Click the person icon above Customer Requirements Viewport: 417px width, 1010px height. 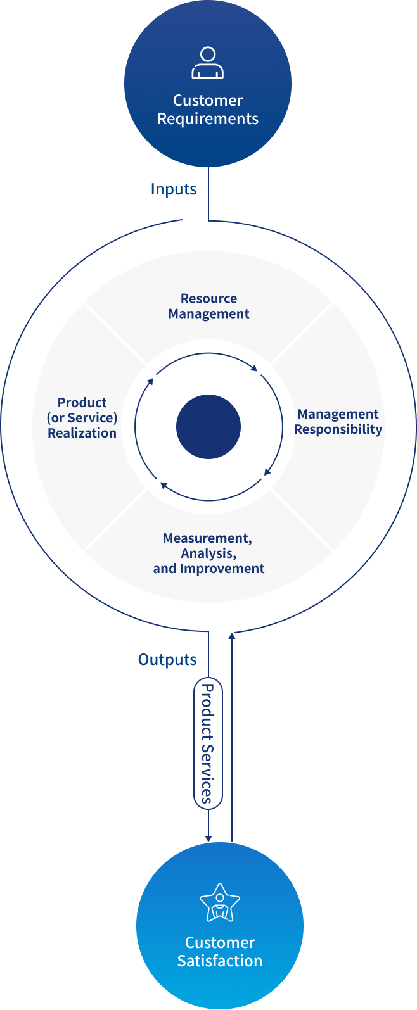(208, 63)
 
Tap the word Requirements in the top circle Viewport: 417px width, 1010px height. (208, 119)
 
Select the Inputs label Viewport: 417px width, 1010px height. (174, 189)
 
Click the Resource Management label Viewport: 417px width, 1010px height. (209, 306)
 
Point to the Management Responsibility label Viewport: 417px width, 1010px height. (338, 422)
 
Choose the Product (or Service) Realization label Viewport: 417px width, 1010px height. (82, 418)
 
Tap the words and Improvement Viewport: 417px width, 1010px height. (208, 569)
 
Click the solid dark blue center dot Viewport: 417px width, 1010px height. (208, 427)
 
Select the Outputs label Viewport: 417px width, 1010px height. (167, 660)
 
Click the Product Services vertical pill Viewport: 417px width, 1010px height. (208, 743)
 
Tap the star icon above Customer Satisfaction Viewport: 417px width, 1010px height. (220, 903)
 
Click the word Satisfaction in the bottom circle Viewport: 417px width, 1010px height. (220, 961)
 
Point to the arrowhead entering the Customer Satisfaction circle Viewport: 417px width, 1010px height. (208, 838)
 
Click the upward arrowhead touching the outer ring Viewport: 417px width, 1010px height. (232, 635)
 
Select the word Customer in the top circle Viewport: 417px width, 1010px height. (208, 101)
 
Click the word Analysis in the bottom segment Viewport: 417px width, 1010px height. (208, 553)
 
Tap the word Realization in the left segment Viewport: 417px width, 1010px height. (82, 433)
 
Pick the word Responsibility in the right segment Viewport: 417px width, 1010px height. (338, 430)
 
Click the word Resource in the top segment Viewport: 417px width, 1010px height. (209, 299)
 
